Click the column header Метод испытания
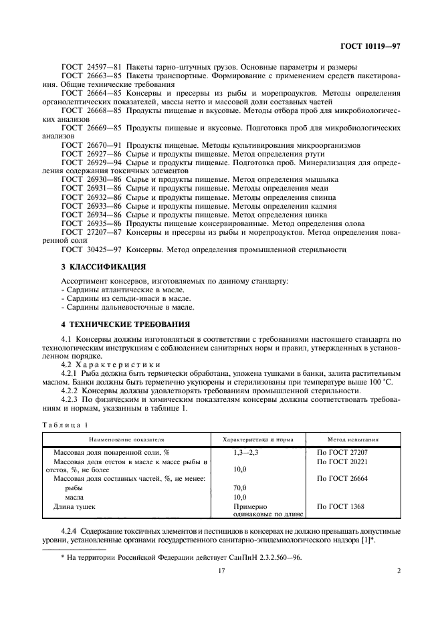coord(353,440)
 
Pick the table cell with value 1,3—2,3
coord(245,453)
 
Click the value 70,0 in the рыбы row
coord(239,488)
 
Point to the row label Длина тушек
coord(74,507)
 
